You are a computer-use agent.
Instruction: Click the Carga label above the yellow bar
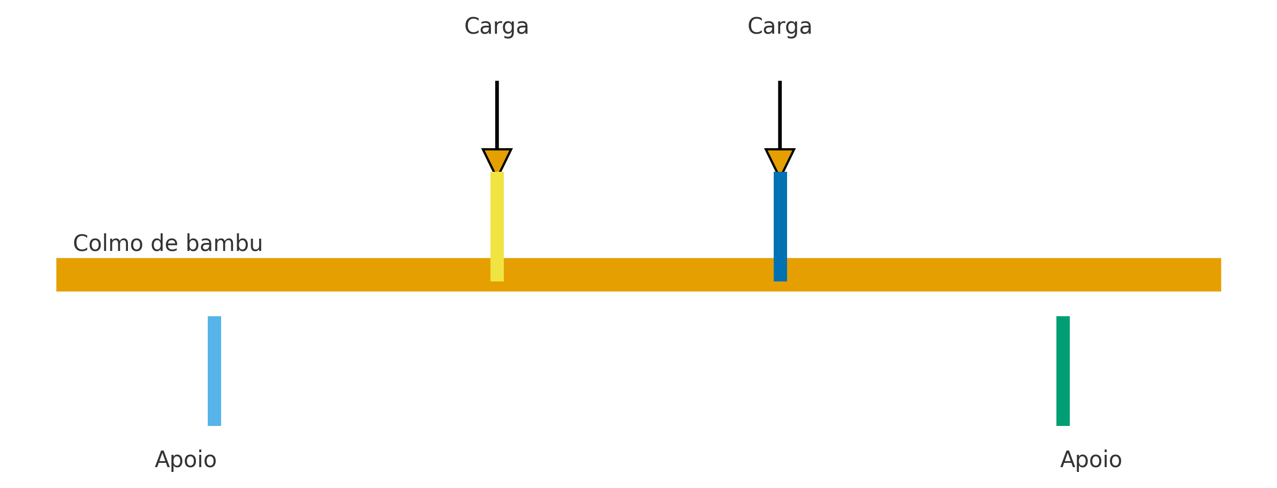[496, 27]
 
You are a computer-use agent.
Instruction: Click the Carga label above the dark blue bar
[780, 27]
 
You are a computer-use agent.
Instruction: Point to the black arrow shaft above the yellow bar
[497, 115]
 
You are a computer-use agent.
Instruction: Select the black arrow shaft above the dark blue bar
[780, 115]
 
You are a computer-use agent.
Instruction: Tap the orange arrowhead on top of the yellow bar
[497, 159]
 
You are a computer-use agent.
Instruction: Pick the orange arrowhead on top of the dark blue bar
[780, 159]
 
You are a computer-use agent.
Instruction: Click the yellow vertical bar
[497, 214]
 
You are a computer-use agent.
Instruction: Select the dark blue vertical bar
[780, 214]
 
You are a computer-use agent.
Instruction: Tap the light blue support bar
[214, 371]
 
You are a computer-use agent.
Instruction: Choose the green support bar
[1063, 371]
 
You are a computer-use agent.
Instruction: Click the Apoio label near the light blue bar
[185, 460]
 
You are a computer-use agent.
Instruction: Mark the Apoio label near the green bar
[1091, 460]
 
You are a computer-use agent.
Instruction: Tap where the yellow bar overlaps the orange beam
[497, 270]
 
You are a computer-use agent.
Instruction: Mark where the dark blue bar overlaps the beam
[780, 270]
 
